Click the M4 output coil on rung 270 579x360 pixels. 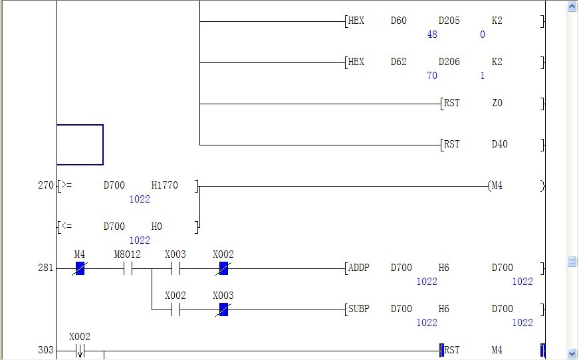(x=497, y=186)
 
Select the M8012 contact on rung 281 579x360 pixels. (x=128, y=268)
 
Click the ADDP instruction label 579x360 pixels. (x=358, y=268)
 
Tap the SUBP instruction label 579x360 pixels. (x=358, y=310)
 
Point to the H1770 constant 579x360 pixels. (x=165, y=186)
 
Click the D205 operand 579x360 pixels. (x=449, y=21)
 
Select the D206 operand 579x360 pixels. (x=449, y=62)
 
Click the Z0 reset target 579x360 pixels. (x=497, y=104)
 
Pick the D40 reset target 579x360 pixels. (x=499, y=145)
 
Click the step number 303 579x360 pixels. (x=46, y=350)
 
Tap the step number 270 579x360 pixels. (x=46, y=186)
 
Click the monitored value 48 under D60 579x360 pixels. (x=432, y=35)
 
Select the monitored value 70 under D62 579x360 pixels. (x=432, y=76)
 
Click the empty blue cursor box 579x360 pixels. (x=80, y=145)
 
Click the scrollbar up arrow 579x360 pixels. (x=572, y=7)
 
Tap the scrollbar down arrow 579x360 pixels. (x=572, y=353)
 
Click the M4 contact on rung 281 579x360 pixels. (x=80, y=268)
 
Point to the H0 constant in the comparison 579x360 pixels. (x=157, y=227)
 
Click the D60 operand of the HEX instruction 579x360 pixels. (x=398, y=21)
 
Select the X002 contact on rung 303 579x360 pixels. (x=80, y=350)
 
